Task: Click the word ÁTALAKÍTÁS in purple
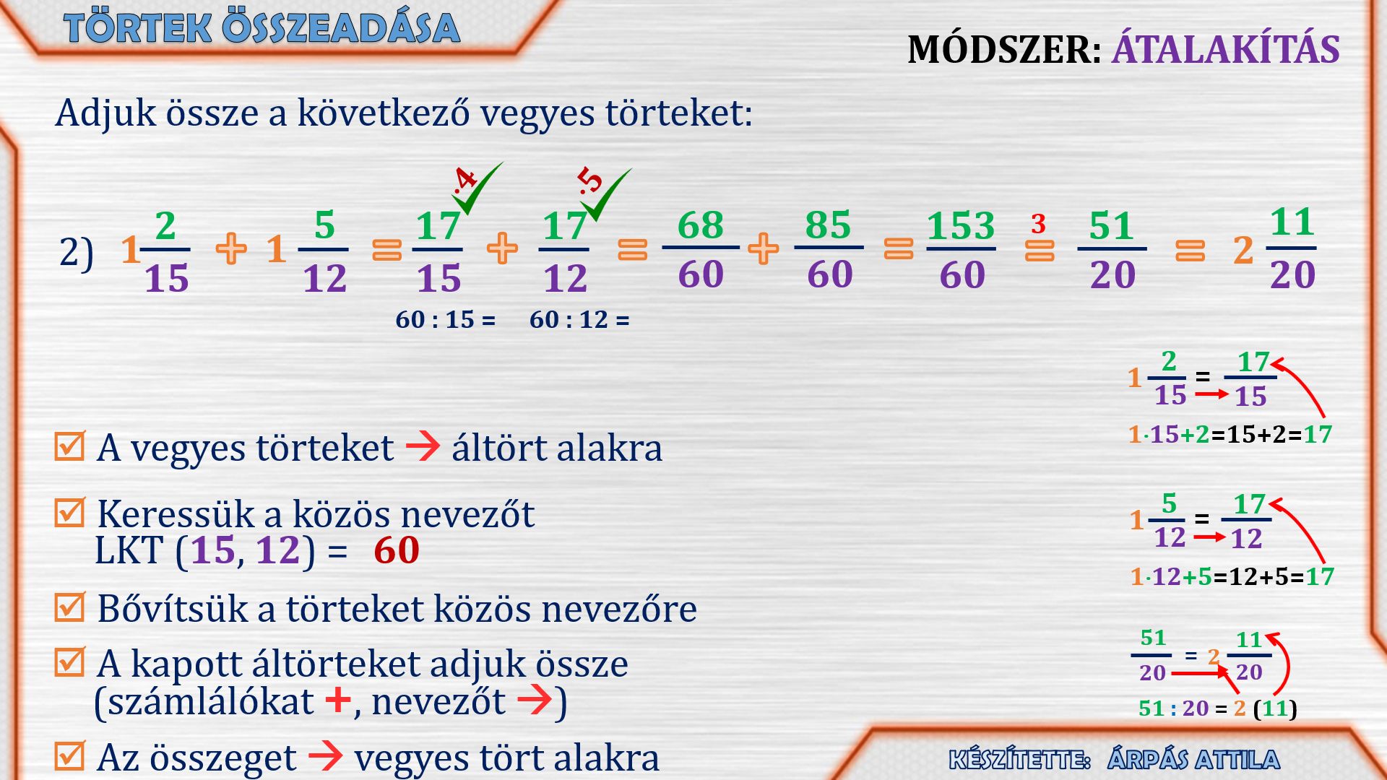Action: tap(1226, 48)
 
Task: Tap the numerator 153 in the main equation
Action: tap(961, 226)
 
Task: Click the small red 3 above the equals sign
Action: tap(1039, 224)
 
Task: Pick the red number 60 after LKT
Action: tap(397, 550)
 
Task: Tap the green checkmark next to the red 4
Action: tap(480, 189)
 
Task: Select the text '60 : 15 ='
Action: tap(446, 319)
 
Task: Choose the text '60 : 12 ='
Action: tap(579, 319)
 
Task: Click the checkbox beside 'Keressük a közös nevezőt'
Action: tap(70, 512)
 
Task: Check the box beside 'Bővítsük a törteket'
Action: tap(70, 607)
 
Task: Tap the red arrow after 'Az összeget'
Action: tap(326, 755)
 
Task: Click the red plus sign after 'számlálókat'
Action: tap(338, 700)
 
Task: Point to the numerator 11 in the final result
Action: tap(1292, 222)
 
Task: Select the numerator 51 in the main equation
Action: tap(1111, 226)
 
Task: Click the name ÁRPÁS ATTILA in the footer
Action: tap(1193, 759)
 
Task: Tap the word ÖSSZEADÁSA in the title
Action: tap(341, 28)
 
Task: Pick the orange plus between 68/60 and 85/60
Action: tap(763, 248)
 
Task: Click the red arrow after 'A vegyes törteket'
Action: tap(423, 446)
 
